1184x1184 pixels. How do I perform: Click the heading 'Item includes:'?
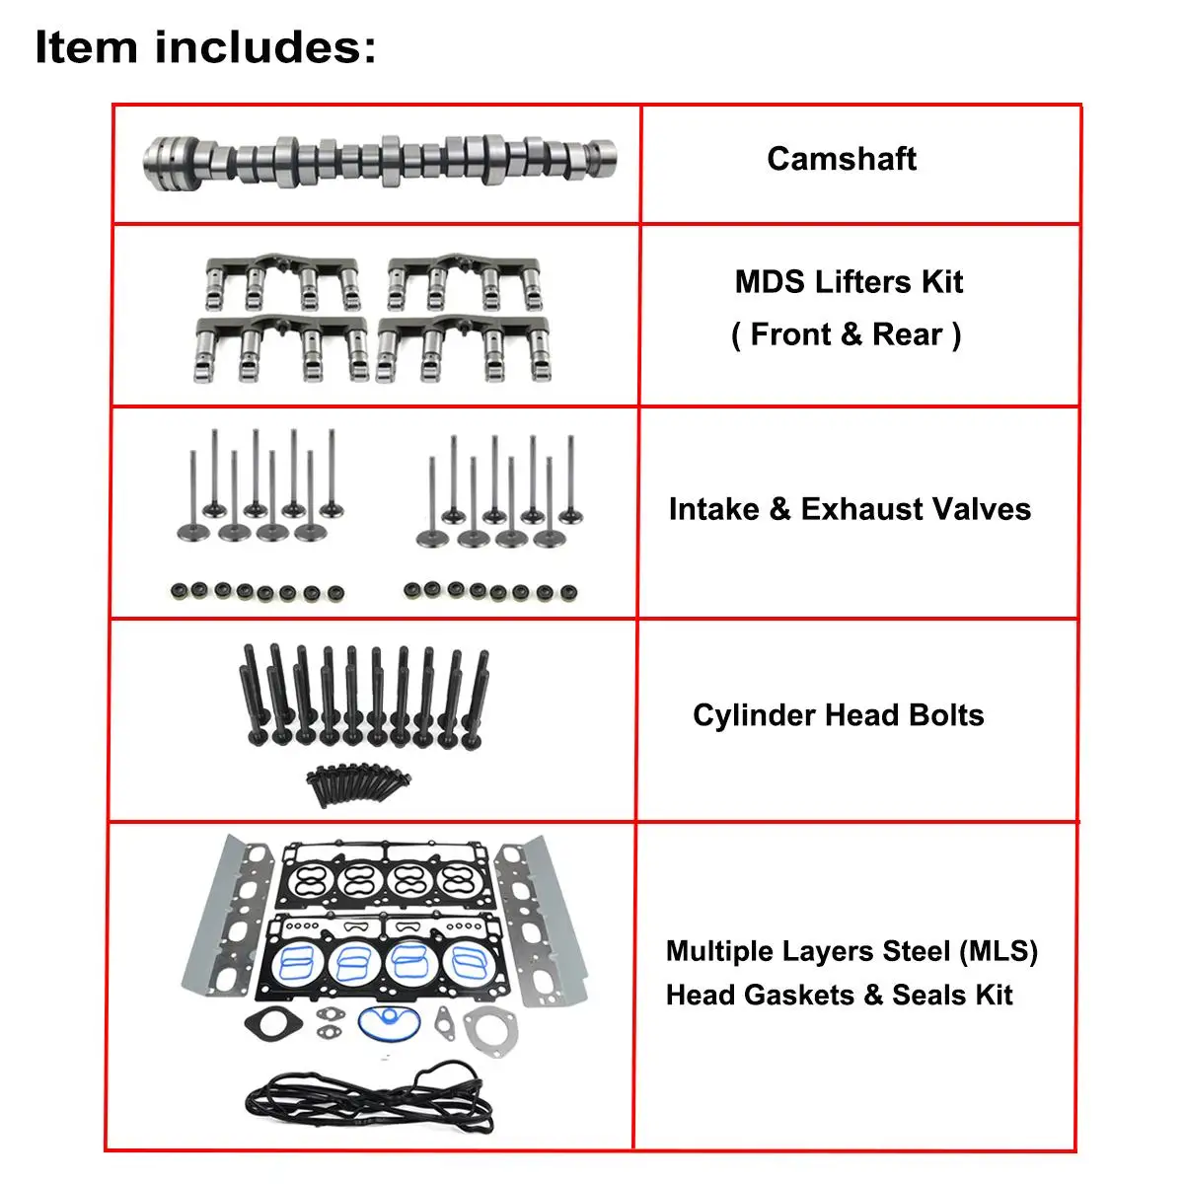(x=205, y=47)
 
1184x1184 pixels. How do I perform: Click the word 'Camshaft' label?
(x=842, y=159)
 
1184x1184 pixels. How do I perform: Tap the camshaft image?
(x=381, y=161)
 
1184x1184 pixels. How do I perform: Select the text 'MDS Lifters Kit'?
(x=849, y=282)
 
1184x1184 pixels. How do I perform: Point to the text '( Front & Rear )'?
(x=847, y=334)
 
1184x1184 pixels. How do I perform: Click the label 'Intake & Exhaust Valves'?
(x=850, y=509)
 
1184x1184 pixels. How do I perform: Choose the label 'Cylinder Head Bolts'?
(x=838, y=715)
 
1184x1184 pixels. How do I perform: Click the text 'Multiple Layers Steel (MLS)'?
(x=851, y=951)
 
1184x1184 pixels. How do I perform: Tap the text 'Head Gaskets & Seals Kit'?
(x=839, y=995)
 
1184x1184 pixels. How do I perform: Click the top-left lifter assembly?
(x=282, y=281)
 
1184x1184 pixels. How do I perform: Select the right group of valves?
(x=499, y=491)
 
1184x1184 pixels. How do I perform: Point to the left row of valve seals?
(x=257, y=592)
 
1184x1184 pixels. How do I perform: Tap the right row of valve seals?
(x=490, y=592)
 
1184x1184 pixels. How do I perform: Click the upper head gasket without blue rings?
(x=388, y=876)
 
